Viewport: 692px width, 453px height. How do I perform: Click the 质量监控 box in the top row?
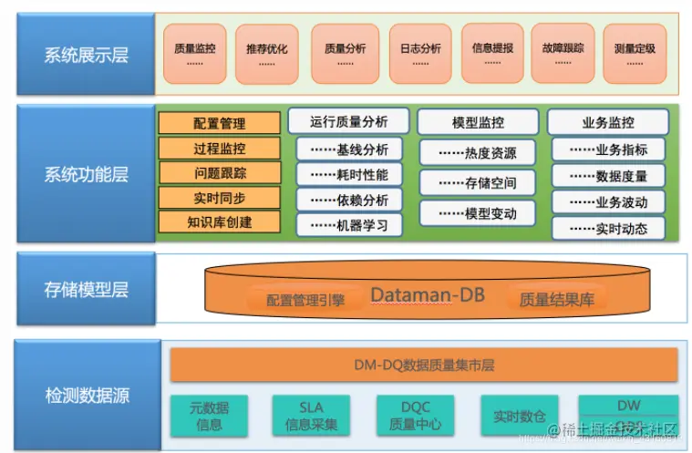195,53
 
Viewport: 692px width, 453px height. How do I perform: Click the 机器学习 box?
349,224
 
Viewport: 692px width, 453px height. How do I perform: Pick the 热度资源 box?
478,153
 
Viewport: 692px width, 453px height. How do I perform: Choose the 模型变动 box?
478,213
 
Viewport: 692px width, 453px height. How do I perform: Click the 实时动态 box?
608,228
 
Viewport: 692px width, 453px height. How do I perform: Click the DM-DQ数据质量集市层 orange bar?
423,365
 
